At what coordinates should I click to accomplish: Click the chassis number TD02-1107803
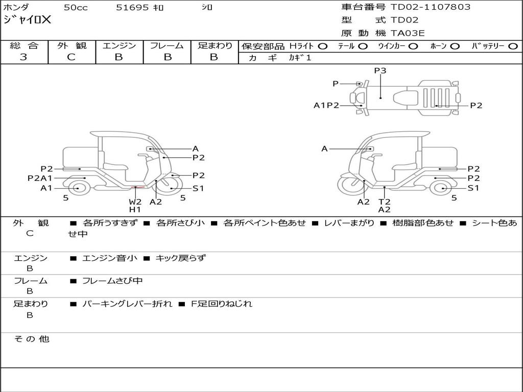pos(430,7)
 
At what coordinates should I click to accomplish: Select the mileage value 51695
pos(132,8)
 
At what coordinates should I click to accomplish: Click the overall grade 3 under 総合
pos(23,57)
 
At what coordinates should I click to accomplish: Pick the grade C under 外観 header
pos(71,57)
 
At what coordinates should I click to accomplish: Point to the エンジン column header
pos(119,45)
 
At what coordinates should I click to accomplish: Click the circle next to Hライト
pos(322,46)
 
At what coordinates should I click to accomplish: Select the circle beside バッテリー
pos(513,46)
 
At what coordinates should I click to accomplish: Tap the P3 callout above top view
pos(380,70)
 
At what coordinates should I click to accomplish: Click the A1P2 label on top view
pos(326,105)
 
